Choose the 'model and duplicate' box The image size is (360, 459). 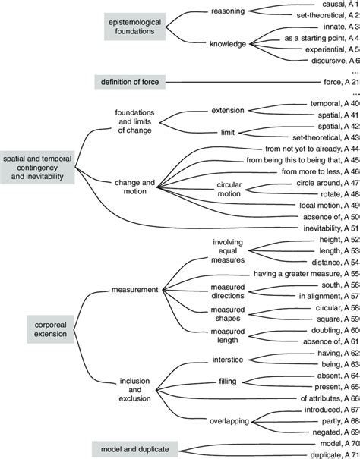pyautogui.click(x=129, y=448)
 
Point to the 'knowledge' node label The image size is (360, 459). pyautogui.click(x=228, y=43)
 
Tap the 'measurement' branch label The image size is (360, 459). pyautogui.click(x=134, y=290)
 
